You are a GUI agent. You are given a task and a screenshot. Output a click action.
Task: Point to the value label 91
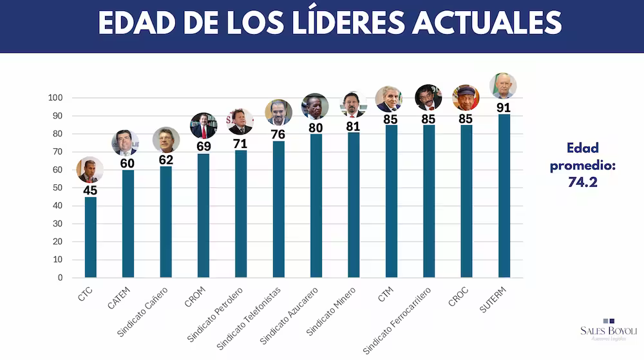pos(504,107)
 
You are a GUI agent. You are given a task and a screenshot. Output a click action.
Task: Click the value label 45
pos(90,190)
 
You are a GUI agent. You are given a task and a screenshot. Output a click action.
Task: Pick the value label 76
pos(278,134)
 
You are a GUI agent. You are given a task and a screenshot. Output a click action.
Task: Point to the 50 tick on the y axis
pos(57,188)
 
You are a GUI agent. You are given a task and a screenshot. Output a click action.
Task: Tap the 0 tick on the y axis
pos(60,278)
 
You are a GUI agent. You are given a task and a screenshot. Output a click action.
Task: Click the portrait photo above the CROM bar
pos(204,126)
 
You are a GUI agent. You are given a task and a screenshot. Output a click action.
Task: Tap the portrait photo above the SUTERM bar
pos(503,86)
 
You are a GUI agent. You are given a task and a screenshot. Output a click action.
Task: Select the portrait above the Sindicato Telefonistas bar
pos(278,112)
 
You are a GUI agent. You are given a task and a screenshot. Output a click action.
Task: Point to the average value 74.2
pos(582,182)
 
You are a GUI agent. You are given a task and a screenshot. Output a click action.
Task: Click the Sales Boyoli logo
pos(609,328)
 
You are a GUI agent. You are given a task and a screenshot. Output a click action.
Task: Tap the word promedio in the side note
pos(582,166)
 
